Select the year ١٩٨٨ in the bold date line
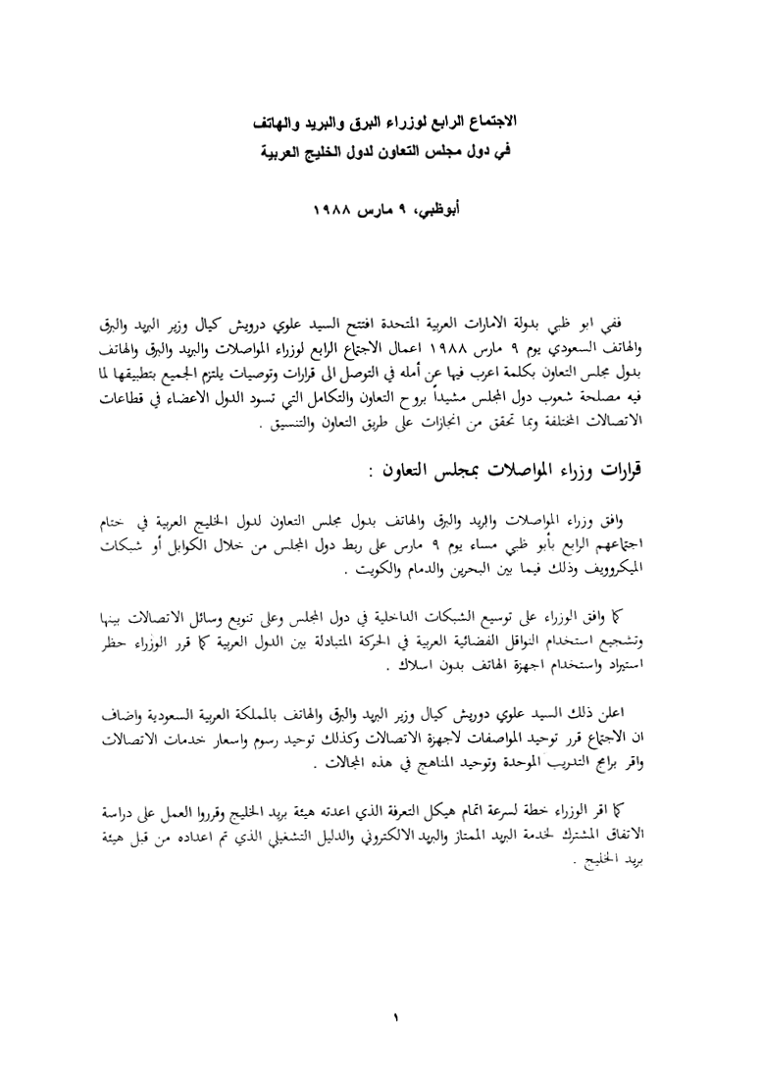334,211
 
